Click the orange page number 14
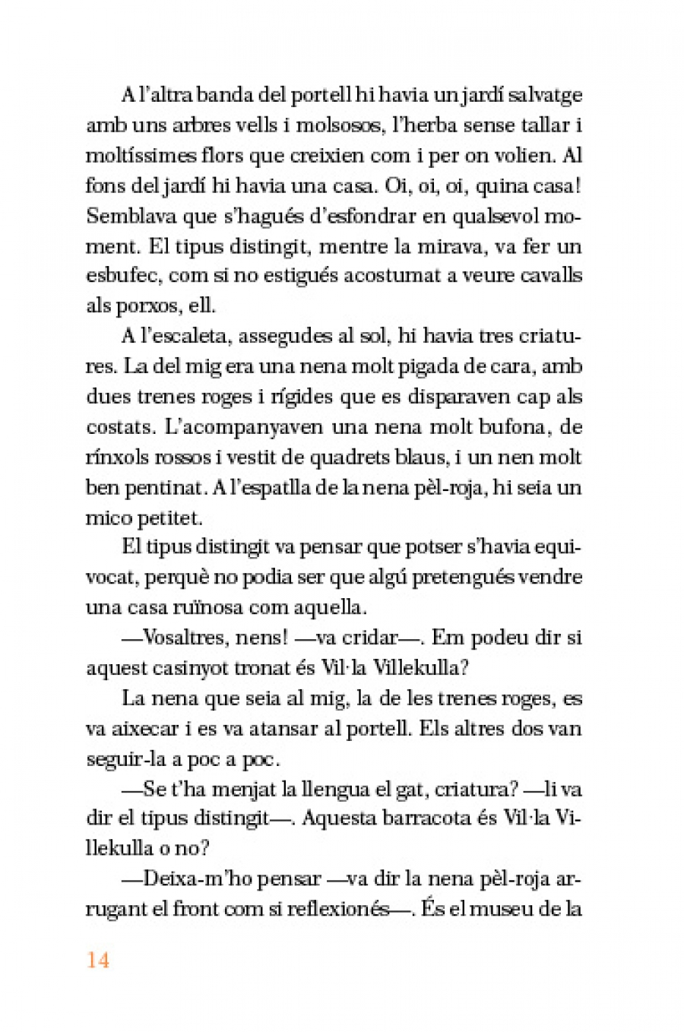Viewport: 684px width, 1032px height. [98, 960]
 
